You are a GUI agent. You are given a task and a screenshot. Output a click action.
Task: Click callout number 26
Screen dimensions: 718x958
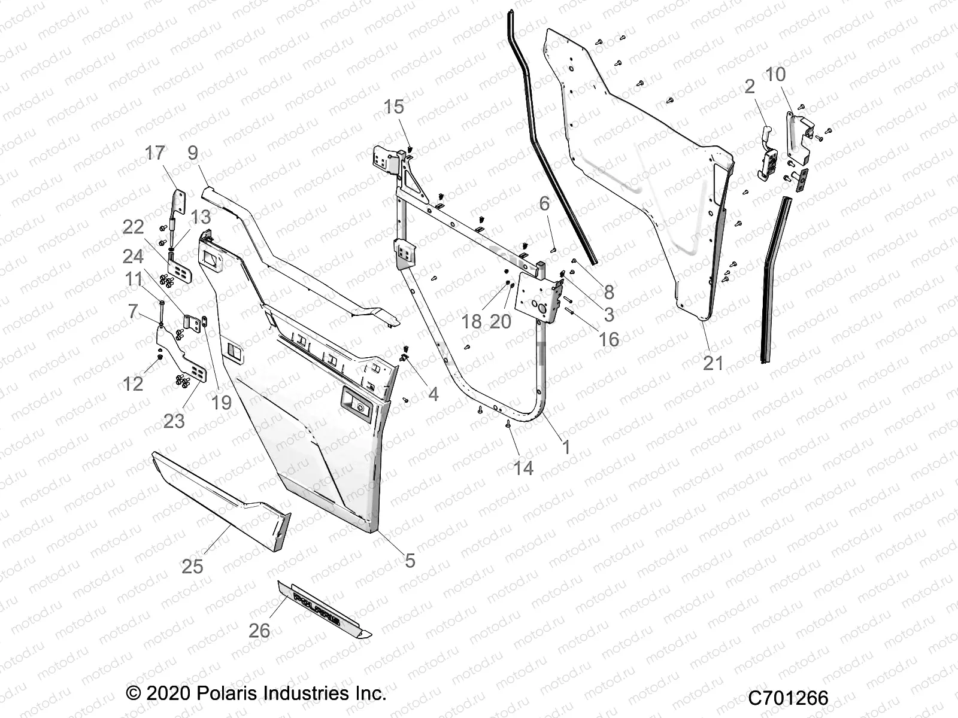260,631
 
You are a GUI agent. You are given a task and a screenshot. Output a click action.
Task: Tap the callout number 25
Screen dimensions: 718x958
192,566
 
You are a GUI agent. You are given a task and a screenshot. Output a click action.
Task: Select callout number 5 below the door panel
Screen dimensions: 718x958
410,561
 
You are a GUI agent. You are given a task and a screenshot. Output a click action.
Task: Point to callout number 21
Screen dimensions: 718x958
713,363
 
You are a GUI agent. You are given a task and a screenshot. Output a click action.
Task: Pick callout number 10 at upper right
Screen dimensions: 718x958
775,75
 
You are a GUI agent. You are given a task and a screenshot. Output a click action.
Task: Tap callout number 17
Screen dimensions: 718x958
155,154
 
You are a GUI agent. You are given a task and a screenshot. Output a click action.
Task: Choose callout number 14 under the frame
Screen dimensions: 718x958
523,468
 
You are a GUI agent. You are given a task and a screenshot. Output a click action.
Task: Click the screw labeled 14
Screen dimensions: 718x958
508,424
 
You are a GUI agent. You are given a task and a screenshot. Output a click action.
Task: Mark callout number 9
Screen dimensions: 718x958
192,153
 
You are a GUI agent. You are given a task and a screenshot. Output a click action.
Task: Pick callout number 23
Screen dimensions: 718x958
174,421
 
